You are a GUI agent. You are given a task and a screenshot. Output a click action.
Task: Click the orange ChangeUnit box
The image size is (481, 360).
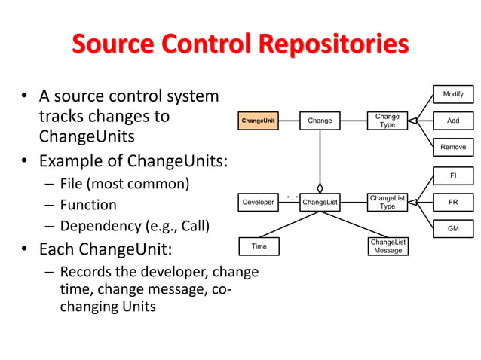click(258, 121)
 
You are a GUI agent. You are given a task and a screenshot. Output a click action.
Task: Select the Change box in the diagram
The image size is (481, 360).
click(320, 121)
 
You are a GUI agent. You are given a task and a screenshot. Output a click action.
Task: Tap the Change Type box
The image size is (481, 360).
click(387, 121)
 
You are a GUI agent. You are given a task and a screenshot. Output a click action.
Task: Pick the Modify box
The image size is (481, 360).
click(453, 94)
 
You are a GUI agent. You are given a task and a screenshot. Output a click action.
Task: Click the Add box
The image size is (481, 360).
click(453, 121)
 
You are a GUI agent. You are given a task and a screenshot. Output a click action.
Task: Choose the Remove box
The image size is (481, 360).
click(453, 147)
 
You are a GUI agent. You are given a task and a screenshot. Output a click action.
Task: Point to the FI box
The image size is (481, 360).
click(453, 175)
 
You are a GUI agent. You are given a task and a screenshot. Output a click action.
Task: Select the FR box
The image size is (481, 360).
click(453, 202)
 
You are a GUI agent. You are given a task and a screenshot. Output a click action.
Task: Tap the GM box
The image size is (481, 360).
click(453, 228)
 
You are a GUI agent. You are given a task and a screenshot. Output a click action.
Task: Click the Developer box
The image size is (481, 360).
click(258, 202)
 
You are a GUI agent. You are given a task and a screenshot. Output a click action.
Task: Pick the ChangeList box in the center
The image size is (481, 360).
click(320, 202)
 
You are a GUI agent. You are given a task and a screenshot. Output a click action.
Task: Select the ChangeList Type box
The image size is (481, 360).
click(387, 202)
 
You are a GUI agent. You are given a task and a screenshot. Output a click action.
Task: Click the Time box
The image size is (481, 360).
click(259, 246)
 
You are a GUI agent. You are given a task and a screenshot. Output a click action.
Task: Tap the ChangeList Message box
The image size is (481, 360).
click(388, 246)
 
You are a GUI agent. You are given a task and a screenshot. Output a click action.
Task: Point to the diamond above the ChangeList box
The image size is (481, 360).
click(320, 188)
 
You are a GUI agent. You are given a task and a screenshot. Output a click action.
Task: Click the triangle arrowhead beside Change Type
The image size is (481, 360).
click(413, 121)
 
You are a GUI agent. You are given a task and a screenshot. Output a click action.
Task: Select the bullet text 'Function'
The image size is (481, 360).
click(89, 205)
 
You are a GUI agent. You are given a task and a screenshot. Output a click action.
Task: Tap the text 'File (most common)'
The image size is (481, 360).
click(124, 183)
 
